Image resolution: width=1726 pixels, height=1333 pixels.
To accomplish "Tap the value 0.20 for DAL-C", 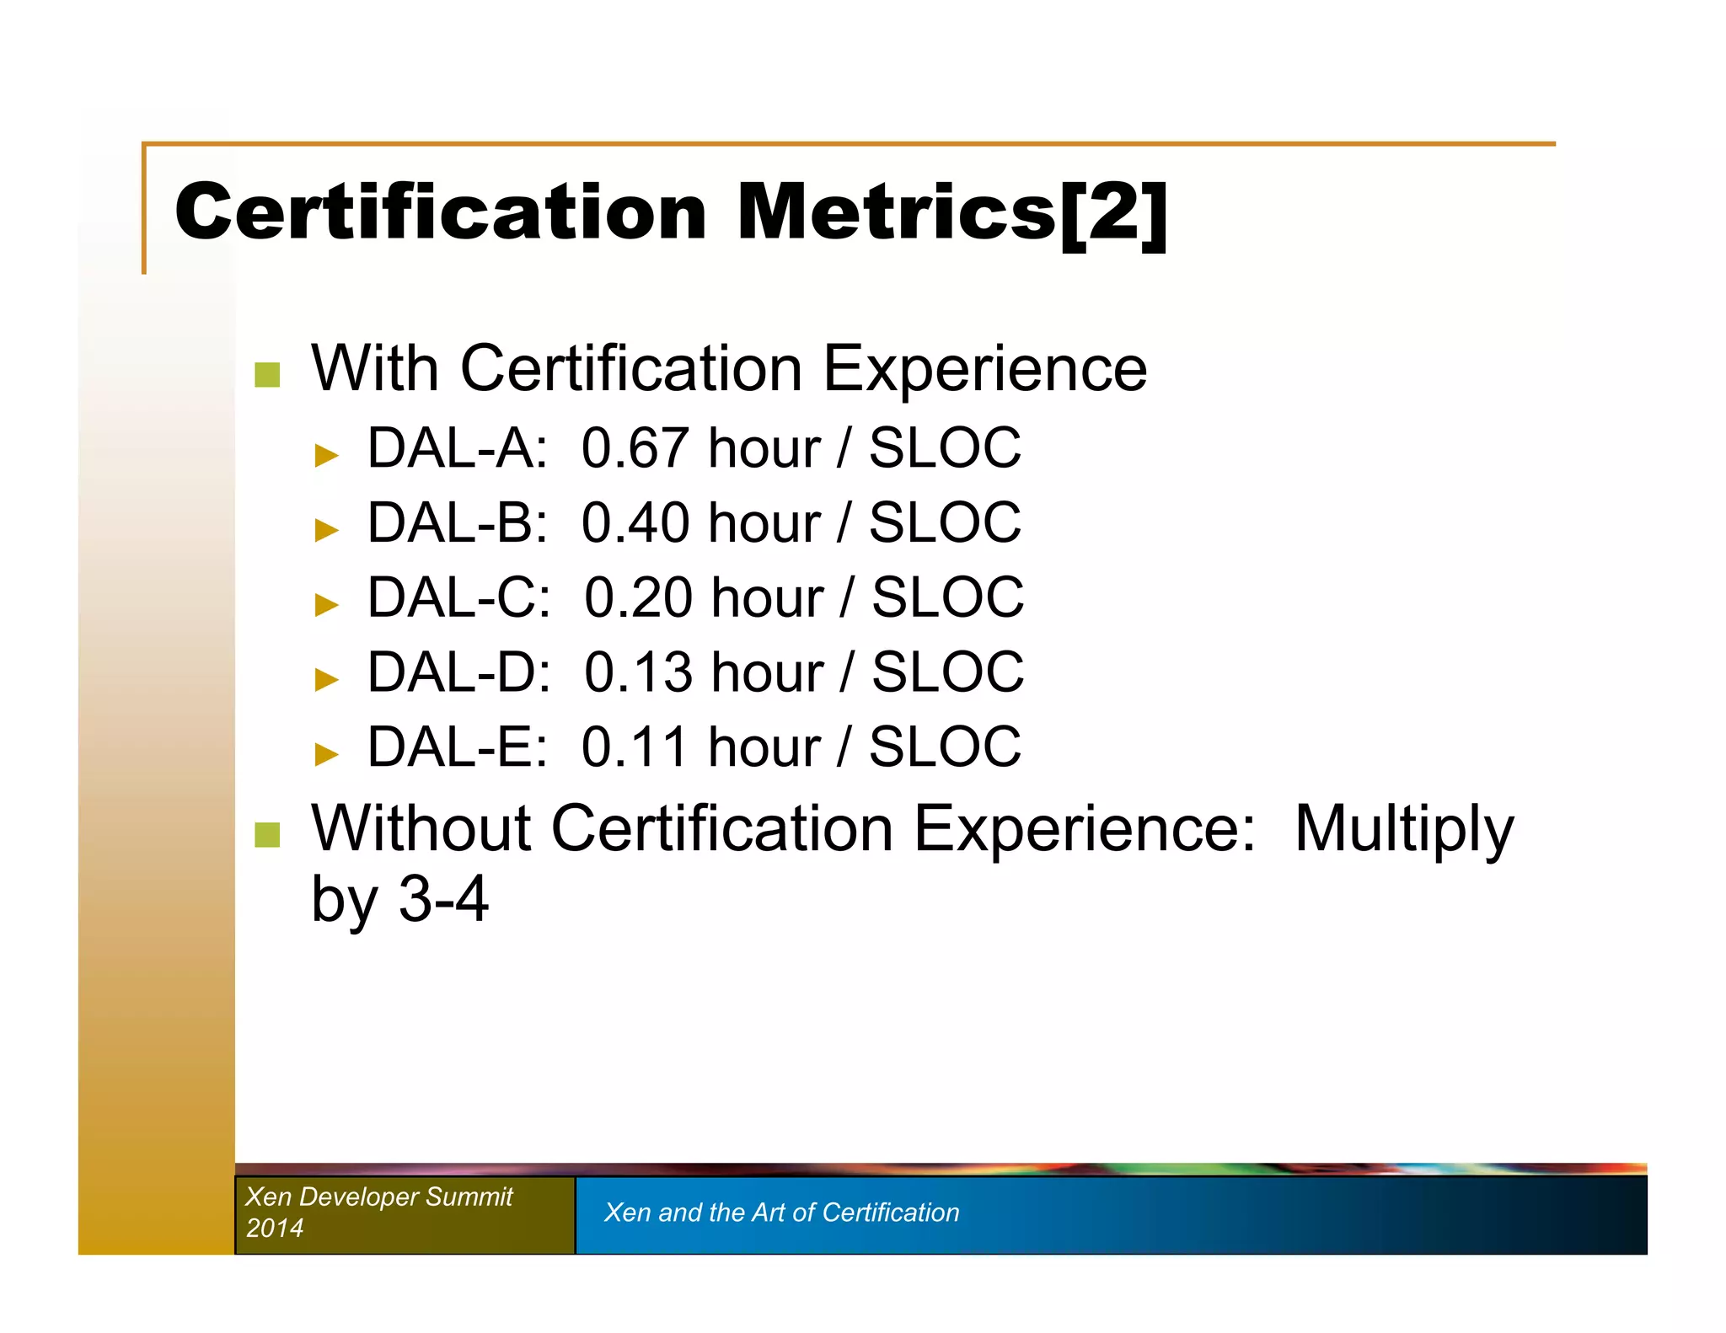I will [x=638, y=598].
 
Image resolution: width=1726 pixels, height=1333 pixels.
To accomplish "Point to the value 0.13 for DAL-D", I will [x=638, y=672].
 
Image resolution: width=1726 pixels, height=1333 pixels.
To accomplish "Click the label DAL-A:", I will [x=458, y=448].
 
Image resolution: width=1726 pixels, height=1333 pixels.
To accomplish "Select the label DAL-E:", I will [x=458, y=747].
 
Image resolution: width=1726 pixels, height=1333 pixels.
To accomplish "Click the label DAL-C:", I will [x=459, y=598].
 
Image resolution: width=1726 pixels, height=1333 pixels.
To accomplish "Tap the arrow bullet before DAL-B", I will [x=326, y=530].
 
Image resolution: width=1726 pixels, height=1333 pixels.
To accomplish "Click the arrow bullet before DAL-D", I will [x=326, y=679].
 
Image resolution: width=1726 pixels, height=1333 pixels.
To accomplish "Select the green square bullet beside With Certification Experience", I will [x=267, y=375].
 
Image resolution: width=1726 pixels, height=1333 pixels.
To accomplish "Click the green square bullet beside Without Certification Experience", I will [x=267, y=835].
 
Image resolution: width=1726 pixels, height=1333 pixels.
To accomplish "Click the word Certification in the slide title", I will [x=441, y=213].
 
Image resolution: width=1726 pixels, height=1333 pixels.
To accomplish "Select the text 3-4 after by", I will [x=443, y=900].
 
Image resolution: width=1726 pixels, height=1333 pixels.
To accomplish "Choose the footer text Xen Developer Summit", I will [x=379, y=1196].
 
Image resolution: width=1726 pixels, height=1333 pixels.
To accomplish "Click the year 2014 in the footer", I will [x=275, y=1228].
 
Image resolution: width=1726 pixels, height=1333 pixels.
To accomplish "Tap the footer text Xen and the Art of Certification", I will [x=781, y=1213].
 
